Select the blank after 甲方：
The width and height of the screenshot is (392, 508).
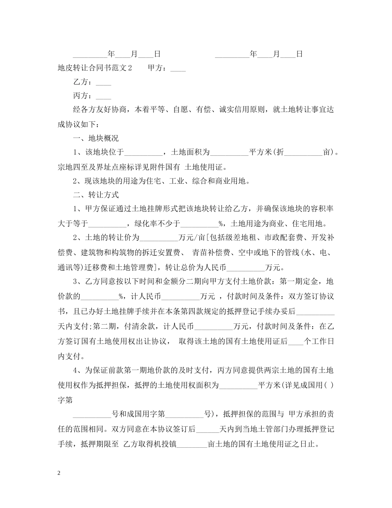178,69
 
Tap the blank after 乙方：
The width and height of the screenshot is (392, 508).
103,83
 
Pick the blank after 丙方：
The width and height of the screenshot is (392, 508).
103,96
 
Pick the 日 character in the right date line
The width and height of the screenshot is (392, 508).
300,54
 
